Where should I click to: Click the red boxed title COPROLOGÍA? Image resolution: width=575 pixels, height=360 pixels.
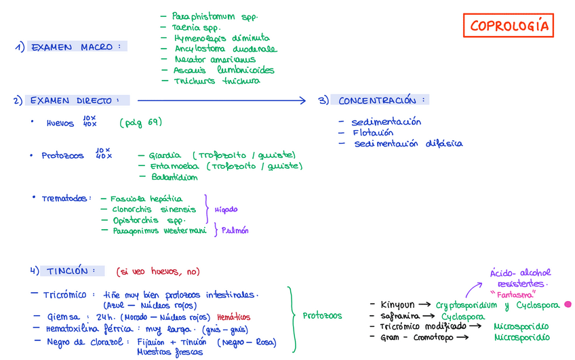pyautogui.click(x=510, y=26)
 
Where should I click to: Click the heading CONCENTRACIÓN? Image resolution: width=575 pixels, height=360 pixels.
pyautogui.click(x=382, y=101)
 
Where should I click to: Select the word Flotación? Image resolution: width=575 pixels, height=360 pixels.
pyautogui.click(x=372, y=133)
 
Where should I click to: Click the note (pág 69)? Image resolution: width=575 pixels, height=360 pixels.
pyautogui.click(x=140, y=123)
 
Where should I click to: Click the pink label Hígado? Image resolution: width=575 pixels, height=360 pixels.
pyautogui.click(x=226, y=209)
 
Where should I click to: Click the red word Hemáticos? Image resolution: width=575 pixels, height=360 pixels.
pyautogui.click(x=234, y=317)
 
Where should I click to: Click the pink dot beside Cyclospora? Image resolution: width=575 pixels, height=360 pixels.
pyautogui.click(x=568, y=305)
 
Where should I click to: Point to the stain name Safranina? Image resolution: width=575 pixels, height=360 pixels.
pyautogui.click(x=399, y=316)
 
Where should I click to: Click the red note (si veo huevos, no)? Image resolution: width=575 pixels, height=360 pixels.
pyautogui.click(x=158, y=272)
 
